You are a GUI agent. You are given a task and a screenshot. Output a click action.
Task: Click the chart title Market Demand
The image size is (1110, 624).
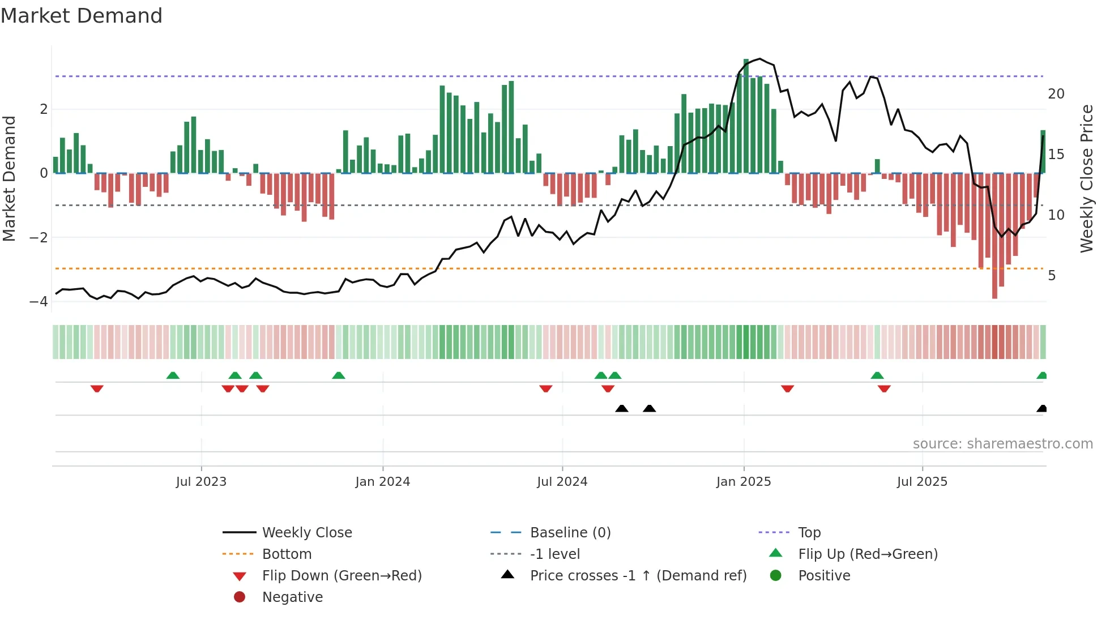coord(82,16)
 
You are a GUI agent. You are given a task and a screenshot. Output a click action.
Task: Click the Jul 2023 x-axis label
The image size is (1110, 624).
coord(201,482)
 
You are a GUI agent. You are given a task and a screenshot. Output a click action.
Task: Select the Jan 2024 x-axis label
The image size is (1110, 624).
coord(382,482)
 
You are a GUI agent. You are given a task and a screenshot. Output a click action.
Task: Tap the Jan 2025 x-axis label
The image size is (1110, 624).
coord(743,482)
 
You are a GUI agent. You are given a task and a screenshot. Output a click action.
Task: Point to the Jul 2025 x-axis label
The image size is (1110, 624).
coord(921,482)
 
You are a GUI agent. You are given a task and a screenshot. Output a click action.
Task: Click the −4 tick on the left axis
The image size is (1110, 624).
coord(39,301)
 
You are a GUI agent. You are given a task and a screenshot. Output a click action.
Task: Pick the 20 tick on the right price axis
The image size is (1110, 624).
coord(1056,94)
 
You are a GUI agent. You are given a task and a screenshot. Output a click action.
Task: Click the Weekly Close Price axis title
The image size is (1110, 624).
coord(1086,178)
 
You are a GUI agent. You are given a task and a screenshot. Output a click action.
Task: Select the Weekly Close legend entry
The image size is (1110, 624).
coord(306,533)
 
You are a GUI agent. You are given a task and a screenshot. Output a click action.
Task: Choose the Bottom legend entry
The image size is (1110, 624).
coord(287,554)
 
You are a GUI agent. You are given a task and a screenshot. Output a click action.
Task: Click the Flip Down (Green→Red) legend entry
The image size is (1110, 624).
coord(341,576)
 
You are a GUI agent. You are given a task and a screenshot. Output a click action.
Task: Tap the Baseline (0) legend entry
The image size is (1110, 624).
coord(570,533)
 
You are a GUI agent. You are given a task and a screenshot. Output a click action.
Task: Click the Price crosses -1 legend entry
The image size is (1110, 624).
coord(638,576)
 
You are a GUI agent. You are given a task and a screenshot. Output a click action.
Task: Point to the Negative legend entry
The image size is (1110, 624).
coord(292,597)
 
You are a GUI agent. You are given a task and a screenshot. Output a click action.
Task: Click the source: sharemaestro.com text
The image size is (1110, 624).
coord(1002,444)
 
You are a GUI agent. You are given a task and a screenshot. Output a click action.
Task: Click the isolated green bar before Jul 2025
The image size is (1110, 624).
coord(877,166)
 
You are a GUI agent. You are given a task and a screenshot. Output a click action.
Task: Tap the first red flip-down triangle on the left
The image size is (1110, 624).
coord(97,388)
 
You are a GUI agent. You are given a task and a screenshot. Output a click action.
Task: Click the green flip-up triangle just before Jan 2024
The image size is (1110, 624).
coord(338,375)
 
